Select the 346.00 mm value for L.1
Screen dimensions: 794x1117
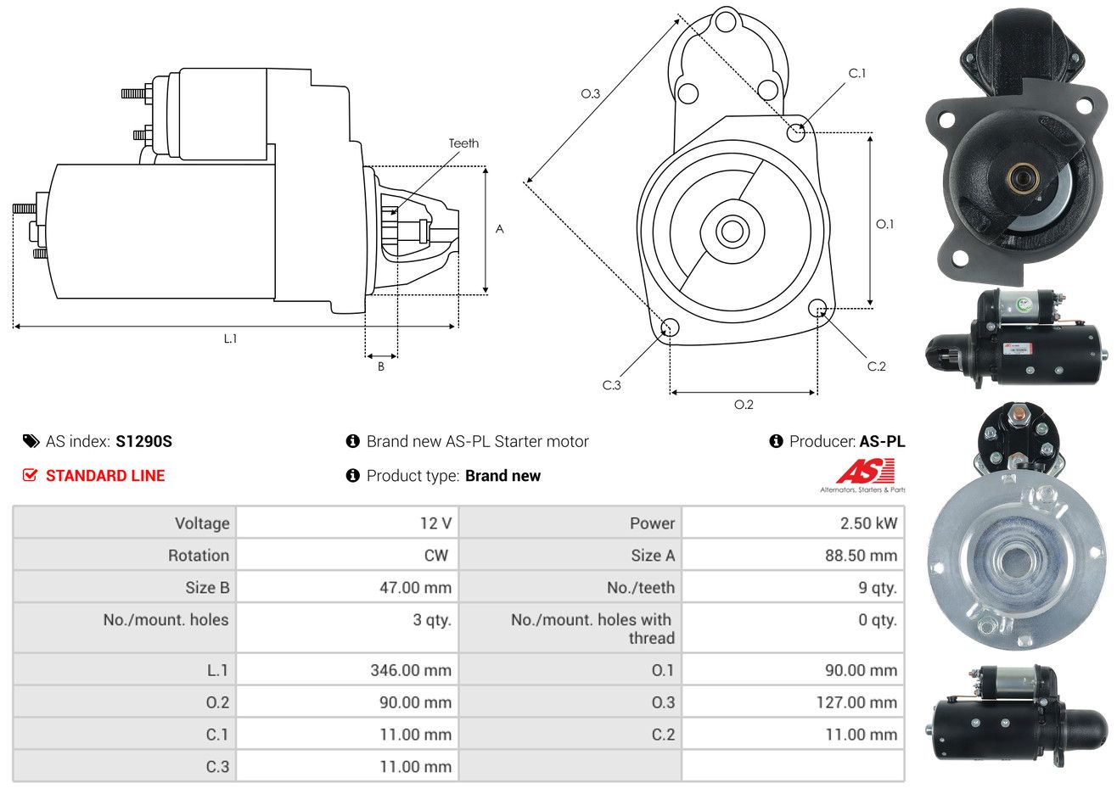pos(410,670)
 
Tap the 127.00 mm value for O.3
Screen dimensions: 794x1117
pos(860,702)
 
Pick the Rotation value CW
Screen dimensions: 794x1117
pos(435,556)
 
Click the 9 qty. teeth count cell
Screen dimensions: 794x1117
pos(877,588)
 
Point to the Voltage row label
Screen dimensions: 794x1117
pos(202,523)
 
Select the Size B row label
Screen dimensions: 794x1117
pos(207,588)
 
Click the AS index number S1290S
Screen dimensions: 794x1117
pos(143,441)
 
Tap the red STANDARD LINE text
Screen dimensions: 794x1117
pos(105,476)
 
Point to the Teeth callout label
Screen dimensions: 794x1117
pos(463,143)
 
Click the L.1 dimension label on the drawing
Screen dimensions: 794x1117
pos(230,338)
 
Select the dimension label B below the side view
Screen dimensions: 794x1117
pos(381,366)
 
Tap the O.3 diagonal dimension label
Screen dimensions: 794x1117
pos(590,93)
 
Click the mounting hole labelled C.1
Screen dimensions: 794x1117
pos(796,132)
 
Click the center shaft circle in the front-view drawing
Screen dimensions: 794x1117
pos(730,230)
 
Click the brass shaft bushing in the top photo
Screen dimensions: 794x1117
pos(1019,177)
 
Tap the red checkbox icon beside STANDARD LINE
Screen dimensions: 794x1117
pos(30,476)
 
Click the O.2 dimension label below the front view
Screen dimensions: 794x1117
pos(744,405)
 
